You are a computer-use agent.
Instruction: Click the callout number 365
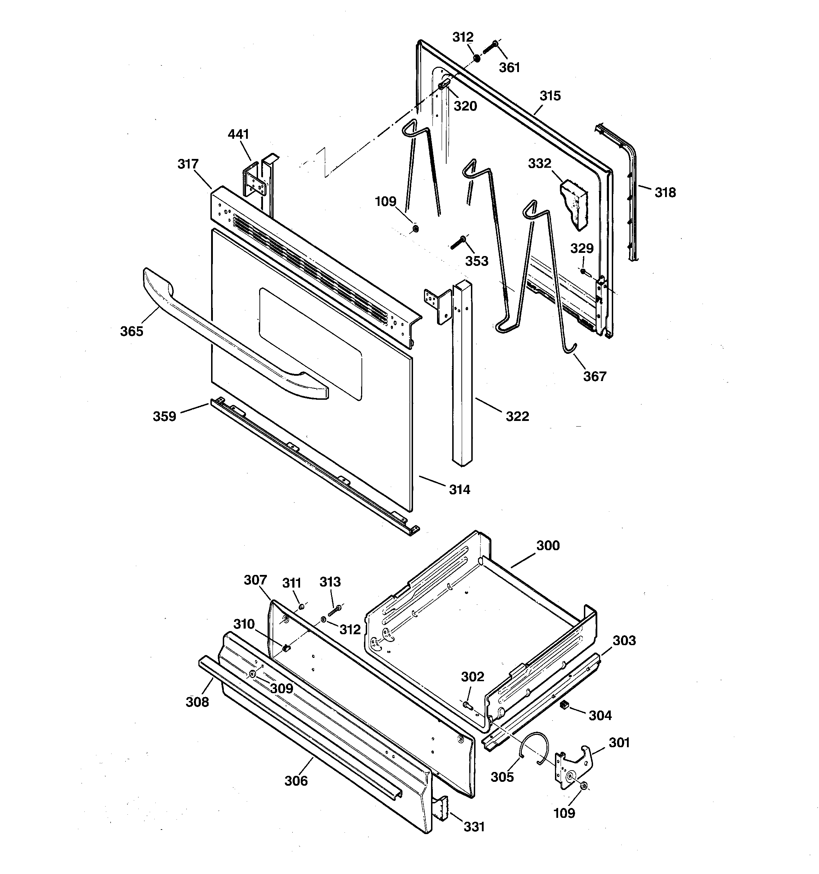coord(131,331)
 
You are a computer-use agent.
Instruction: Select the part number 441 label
coord(238,134)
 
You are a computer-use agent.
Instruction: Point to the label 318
coord(665,192)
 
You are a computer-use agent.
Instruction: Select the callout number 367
coord(594,376)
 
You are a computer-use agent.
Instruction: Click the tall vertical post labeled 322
coord(463,374)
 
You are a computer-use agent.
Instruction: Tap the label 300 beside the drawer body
coord(548,546)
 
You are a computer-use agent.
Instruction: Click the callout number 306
coord(296,781)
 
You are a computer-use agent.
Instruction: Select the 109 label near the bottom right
coord(564,813)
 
